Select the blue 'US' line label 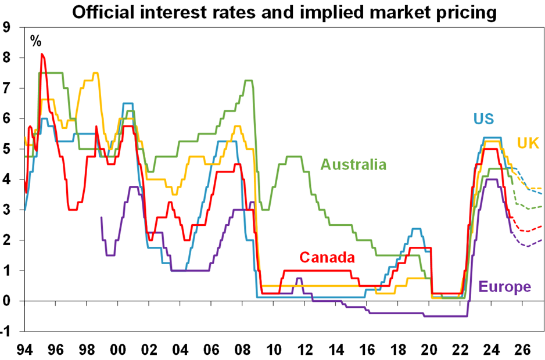(483, 119)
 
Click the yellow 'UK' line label (527, 143)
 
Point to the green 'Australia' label (353, 164)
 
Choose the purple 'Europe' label (504, 286)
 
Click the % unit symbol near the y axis (36, 41)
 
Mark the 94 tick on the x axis (24, 350)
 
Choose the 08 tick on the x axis (242, 350)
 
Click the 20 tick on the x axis (429, 350)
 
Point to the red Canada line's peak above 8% (42, 55)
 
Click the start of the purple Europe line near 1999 (102, 218)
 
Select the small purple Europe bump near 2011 (299, 279)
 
